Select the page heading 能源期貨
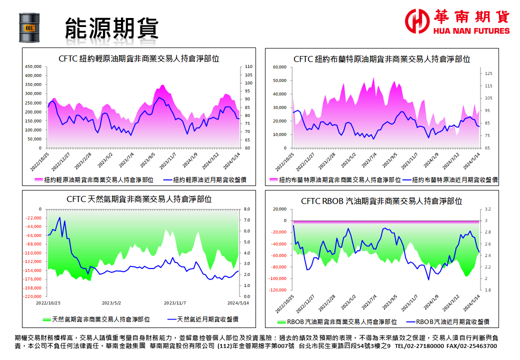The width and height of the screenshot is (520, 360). pos(111,28)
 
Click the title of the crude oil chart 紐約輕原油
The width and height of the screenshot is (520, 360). pos(138,58)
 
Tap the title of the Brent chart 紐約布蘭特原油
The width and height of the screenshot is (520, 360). pos(381,59)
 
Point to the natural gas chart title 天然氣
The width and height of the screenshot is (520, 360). pos(139,199)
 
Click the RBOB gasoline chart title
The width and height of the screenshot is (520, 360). pos(381,201)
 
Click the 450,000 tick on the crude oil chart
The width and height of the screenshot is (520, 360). pos(33,66)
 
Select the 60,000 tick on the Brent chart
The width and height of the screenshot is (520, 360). pos(277,67)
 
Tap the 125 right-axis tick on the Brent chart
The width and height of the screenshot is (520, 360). pos(488,73)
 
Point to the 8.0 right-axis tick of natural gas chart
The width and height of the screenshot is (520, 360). pos(246,209)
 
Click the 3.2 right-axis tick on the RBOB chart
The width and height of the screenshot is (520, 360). pos(488,209)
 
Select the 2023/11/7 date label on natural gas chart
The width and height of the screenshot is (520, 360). pos(175,303)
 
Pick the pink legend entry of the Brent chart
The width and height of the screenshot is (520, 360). pos(334,180)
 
